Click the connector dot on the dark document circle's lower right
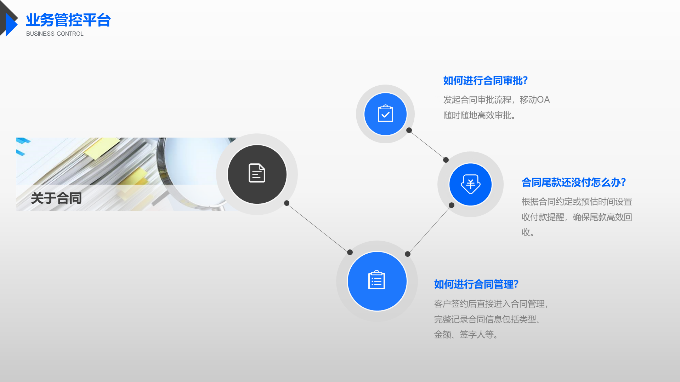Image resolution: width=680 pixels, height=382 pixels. (x=287, y=203)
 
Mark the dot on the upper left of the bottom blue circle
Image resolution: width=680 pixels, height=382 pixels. (x=350, y=252)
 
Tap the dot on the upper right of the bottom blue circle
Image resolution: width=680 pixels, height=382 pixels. (x=408, y=254)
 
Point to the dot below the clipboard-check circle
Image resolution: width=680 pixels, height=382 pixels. (x=409, y=130)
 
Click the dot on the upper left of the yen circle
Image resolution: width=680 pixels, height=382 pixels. (x=446, y=160)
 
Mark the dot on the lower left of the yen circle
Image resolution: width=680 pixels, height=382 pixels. (x=452, y=205)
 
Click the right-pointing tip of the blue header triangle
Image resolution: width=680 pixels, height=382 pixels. (x=17, y=24)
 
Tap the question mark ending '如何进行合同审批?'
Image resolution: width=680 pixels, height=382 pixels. (x=525, y=81)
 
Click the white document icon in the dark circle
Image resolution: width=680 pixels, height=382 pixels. (x=257, y=173)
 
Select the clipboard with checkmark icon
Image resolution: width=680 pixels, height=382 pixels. (x=385, y=114)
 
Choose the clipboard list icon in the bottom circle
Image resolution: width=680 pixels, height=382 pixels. (x=377, y=280)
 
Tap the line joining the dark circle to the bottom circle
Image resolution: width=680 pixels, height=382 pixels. (x=318, y=228)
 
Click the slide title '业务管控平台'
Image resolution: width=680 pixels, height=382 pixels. (x=68, y=20)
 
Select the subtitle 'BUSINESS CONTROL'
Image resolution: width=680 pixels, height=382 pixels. (x=55, y=34)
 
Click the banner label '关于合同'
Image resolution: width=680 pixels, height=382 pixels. (x=56, y=198)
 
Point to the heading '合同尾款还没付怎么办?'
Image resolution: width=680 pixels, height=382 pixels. (x=574, y=183)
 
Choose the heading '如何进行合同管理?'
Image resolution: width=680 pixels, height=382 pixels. (x=476, y=284)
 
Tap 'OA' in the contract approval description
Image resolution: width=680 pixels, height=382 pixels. (x=543, y=100)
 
